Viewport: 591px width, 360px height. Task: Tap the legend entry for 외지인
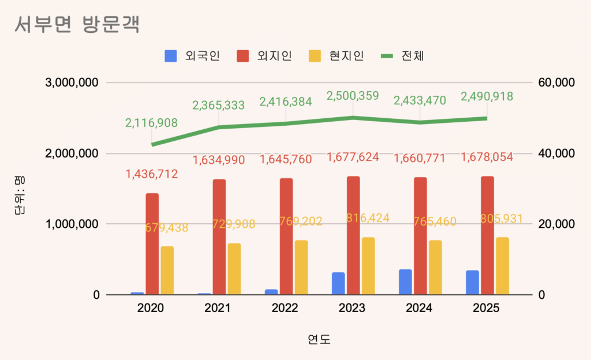click(x=264, y=56)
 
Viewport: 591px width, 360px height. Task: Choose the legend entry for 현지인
click(x=336, y=56)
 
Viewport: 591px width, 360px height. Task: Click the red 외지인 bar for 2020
click(x=152, y=244)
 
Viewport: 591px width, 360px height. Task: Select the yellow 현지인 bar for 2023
click(x=368, y=266)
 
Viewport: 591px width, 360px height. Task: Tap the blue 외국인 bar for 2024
click(x=405, y=282)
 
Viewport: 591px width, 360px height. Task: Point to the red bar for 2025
click(x=487, y=235)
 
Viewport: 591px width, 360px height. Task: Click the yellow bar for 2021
click(x=234, y=269)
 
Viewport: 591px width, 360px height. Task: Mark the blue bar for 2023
click(x=338, y=283)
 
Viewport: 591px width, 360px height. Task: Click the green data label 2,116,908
click(x=151, y=122)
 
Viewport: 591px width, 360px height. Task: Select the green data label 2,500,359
click(x=352, y=96)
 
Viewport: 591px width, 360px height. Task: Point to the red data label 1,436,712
click(x=151, y=174)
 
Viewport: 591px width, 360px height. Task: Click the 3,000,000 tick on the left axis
click(x=72, y=82)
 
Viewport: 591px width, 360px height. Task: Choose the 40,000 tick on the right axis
click(x=556, y=153)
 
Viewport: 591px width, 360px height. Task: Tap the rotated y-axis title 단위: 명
click(x=19, y=196)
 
